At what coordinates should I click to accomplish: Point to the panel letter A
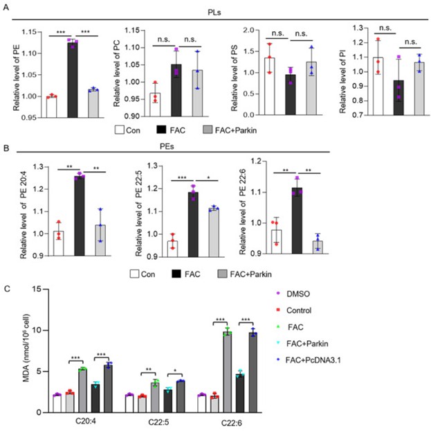(6, 8)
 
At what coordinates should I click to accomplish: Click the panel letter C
(6, 289)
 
